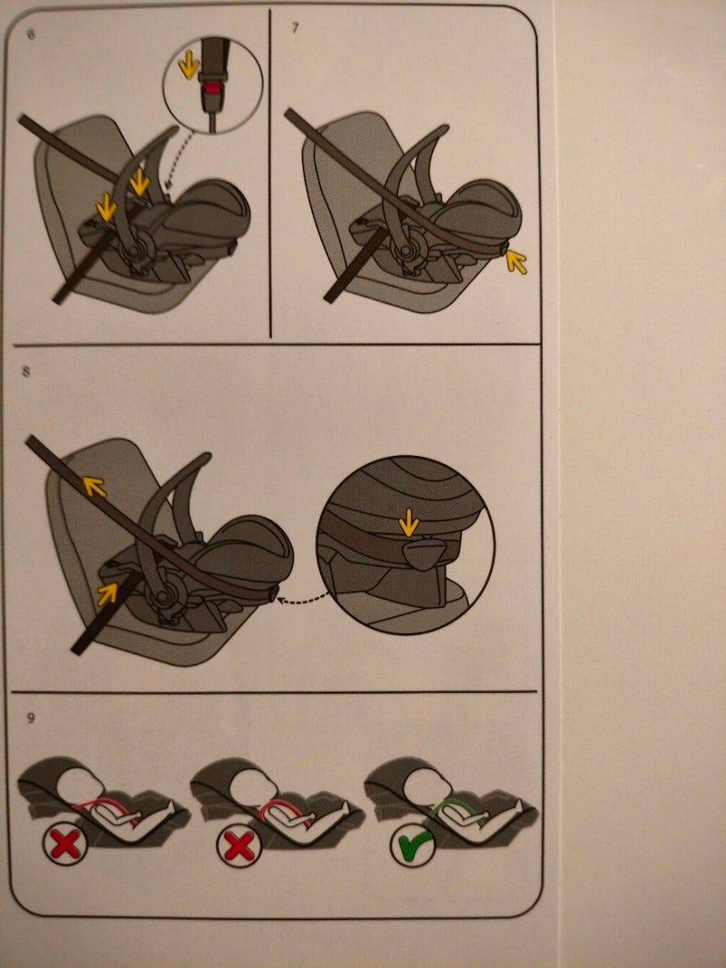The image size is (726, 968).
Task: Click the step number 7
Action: (x=295, y=28)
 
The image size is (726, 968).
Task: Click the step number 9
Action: (x=30, y=719)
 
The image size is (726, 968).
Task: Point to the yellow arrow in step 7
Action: (x=517, y=262)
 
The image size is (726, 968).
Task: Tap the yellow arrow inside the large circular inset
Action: (x=409, y=521)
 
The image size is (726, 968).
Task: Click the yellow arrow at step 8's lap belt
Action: (x=107, y=593)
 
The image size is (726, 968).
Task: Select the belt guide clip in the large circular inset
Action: (x=422, y=553)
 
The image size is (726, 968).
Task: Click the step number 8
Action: (x=27, y=372)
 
